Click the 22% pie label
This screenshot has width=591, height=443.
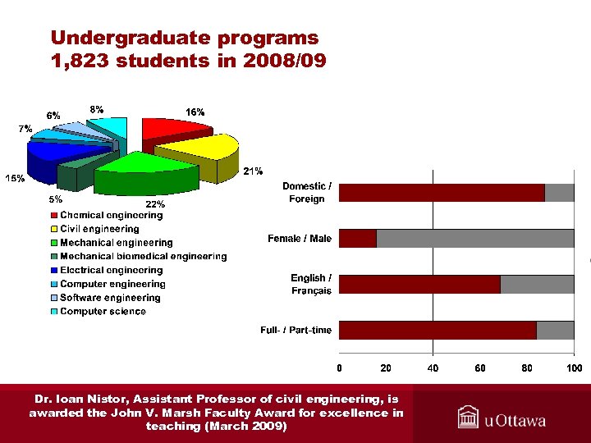[155, 203]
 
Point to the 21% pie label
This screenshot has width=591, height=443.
[253, 171]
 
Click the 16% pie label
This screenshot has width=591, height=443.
[195, 112]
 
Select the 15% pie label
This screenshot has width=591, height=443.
[15, 178]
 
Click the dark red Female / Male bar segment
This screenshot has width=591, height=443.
[357, 239]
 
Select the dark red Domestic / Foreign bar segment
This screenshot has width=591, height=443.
[442, 193]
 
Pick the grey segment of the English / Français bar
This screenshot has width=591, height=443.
[537, 285]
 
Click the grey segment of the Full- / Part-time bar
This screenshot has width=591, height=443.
[555, 330]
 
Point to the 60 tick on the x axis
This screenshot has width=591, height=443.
[480, 368]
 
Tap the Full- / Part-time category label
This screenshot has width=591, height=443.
[296, 331]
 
